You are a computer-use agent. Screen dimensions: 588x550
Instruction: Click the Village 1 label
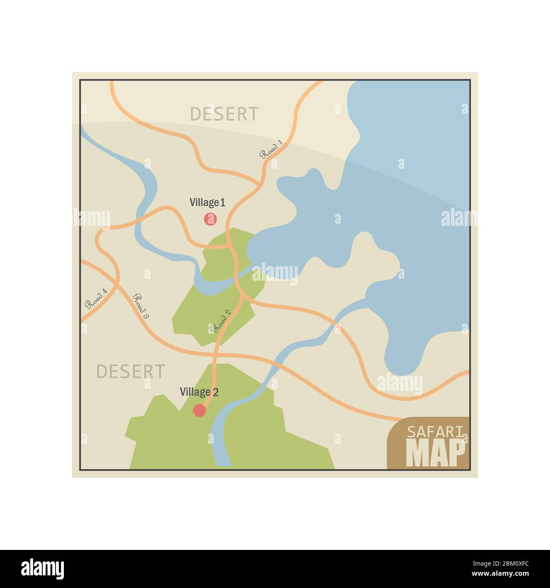click(x=207, y=203)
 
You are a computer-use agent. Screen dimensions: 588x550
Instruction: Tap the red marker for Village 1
click(x=210, y=219)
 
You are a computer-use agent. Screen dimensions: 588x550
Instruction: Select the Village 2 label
click(x=199, y=392)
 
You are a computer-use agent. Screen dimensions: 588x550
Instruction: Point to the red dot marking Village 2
click(x=199, y=410)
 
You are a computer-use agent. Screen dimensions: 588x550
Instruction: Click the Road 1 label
click(x=271, y=149)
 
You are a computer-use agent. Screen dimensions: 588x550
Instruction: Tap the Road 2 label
click(x=222, y=321)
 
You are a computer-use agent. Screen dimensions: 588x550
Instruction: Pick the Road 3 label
click(x=141, y=306)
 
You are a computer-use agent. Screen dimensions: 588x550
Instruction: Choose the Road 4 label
click(x=96, y=299)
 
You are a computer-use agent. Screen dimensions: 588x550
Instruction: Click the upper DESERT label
click(x=224, y=114)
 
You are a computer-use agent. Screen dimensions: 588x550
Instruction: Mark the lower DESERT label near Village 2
click(x=130, y=371)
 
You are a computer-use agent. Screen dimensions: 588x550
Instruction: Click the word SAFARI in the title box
click(x=436, y=431)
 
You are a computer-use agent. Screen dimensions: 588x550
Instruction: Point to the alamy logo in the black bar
click(x=43, y=569)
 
